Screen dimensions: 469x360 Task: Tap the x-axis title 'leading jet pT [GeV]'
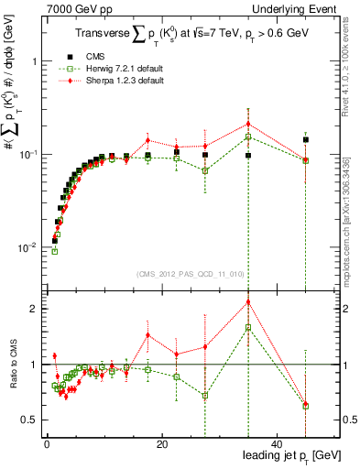[290, 455]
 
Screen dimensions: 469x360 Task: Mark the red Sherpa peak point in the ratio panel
[248, 302]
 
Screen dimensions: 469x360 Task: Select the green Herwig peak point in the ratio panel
[248, 327]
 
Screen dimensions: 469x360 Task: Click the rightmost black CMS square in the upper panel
[306, 140]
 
